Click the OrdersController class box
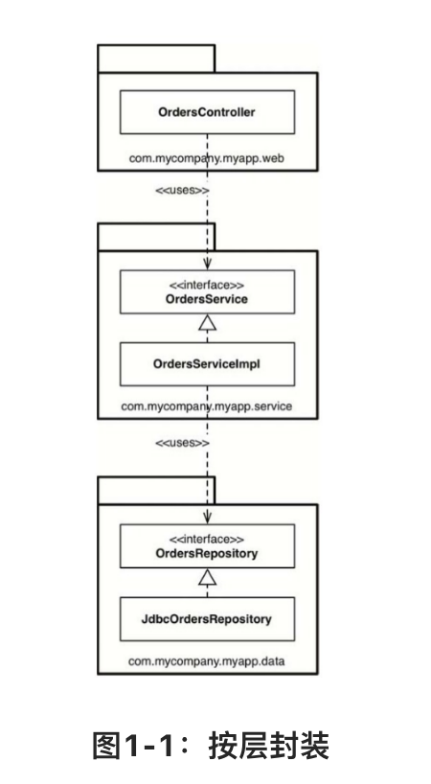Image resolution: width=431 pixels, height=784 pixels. [207, 112]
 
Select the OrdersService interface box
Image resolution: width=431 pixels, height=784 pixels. [207, 292]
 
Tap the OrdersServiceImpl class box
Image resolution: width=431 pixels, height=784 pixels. [207, 364]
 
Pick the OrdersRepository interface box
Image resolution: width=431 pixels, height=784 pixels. [207, 546]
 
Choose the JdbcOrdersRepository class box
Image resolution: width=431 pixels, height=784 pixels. [207, 619]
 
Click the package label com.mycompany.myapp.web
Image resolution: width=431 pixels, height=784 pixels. [207, 158]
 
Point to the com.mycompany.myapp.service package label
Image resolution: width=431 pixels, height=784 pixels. [207, 406]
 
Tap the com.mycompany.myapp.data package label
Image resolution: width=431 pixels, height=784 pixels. [207, 661]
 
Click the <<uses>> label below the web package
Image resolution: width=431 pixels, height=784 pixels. [182, 191]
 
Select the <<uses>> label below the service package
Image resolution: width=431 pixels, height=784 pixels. [182, 443]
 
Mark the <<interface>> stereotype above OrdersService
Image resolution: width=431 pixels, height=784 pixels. [207, 286]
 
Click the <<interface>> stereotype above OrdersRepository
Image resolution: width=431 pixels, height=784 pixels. [207, 540]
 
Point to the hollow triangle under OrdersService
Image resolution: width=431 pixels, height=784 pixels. [207, 323]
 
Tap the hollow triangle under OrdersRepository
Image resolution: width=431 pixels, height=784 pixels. [207, 577]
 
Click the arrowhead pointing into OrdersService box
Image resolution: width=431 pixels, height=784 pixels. [207, 265]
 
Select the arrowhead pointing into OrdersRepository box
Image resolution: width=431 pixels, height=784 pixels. [207, 518]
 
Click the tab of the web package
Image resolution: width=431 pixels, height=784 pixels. [156, 58]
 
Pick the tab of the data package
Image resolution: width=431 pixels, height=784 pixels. [156, 491]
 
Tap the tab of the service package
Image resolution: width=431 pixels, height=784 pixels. [156, 237]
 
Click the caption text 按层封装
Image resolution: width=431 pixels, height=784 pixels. [270, 746]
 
